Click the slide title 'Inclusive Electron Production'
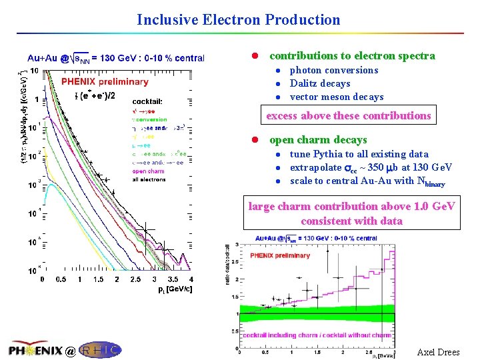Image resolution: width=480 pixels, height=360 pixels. click(239, 20)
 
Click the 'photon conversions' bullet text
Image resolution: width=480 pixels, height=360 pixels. click(333, 70)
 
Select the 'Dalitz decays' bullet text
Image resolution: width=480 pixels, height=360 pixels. click(319, 83)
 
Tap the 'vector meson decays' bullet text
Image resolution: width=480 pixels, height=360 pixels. click(336, 97)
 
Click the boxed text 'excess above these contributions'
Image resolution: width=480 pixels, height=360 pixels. click(349, 115)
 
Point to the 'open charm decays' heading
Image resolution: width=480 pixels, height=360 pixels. click(318, 140)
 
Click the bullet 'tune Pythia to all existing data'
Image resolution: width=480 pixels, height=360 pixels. click(359, 154)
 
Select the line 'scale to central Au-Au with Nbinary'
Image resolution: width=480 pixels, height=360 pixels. click(367, 181)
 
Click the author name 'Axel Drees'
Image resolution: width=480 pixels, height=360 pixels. click(438, 352)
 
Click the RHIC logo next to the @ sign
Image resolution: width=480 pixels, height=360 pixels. click(101, 349)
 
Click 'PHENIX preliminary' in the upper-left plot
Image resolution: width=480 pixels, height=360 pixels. click(105, 82)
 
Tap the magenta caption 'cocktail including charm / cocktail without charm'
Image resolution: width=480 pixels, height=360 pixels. click(317, 335)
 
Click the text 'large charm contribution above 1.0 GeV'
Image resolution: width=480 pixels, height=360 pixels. click(351, 207)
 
